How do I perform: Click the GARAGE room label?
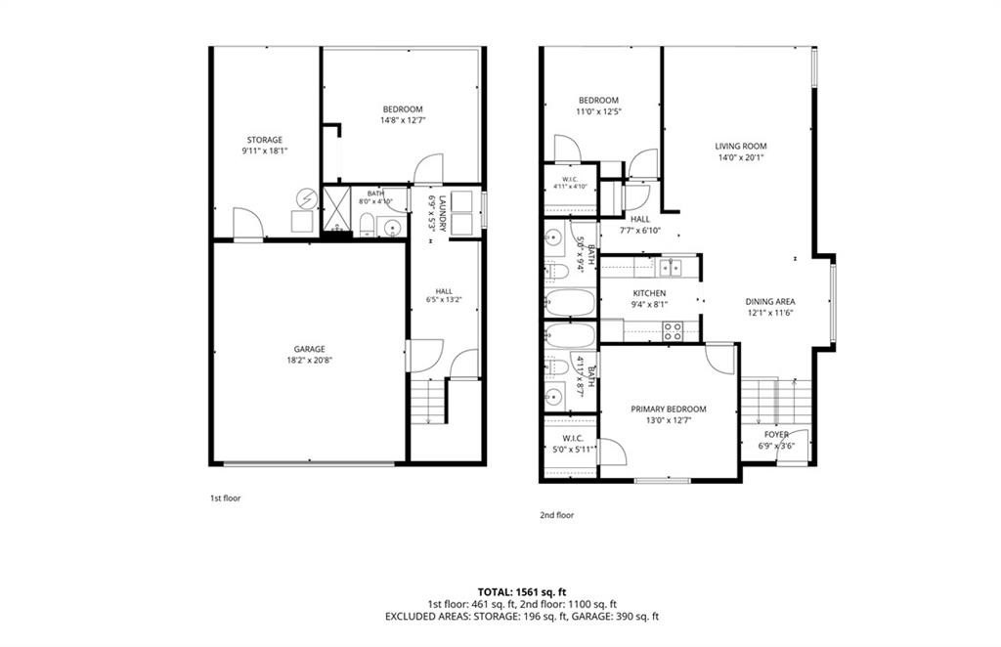(310, 349)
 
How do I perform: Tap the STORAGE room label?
(265, 140)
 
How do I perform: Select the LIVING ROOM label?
(741, 147)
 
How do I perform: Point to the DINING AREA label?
(770, 302)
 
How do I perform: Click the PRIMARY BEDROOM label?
(669, 409)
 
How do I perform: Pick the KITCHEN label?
(649, 293)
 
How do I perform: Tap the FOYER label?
(776, 435)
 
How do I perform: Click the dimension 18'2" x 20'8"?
(310, 360)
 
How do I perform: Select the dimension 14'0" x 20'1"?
(741, 157)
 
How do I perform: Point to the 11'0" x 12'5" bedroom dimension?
(599, 111)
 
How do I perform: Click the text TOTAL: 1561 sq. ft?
(522, 592)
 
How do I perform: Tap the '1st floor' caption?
(226, 498)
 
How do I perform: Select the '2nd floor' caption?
(556, 515)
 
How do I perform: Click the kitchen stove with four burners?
(673, 331)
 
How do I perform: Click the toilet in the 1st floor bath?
(368, 225)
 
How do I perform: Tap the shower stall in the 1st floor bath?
(336, 208)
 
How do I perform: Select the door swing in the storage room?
(247, 224)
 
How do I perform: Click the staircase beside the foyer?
(775, 402)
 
